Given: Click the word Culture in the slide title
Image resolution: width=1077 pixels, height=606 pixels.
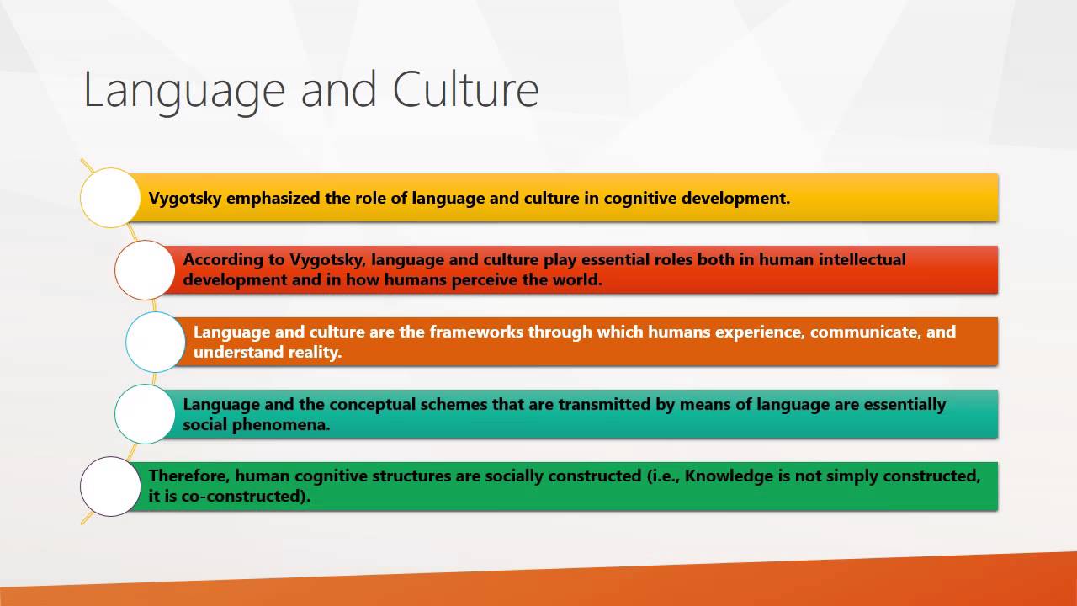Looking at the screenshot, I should point(465,90).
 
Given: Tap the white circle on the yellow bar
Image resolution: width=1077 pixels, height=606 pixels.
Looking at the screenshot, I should point(110,198).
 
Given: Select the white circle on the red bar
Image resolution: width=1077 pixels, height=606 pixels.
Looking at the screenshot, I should point(145,270).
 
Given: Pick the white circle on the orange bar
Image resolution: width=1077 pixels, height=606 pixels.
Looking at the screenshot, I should point(156,343).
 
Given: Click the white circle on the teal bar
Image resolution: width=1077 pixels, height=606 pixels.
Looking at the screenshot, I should point(145,414).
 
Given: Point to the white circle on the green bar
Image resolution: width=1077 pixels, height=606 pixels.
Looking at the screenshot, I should point(110,486).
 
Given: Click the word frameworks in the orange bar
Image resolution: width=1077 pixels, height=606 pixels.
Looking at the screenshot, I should point(476,332).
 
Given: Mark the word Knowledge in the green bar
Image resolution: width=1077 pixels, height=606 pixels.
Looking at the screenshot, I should point(729,476).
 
